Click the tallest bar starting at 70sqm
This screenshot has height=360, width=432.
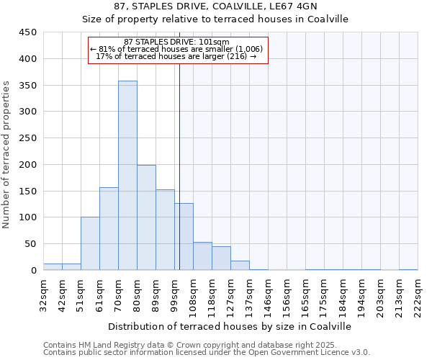(127, 176)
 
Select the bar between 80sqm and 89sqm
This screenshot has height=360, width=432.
(146, 217)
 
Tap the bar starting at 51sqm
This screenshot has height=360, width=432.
(90, 243)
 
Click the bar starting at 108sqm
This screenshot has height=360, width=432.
(202, 256)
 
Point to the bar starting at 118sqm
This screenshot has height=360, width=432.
(221, 258)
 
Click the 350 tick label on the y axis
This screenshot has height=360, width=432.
(27, 85)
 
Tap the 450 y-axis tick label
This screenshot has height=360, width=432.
(27, 32)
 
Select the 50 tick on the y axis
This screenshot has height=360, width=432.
(30, 244)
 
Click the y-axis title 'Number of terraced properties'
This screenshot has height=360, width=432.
(7, 154)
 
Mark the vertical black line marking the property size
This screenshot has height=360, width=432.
(179, 166)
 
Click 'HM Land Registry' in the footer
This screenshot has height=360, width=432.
(103, 345)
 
